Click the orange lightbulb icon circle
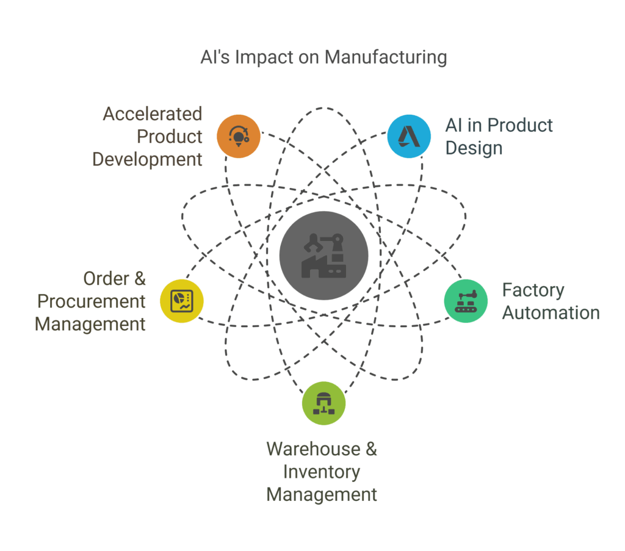[239, 135]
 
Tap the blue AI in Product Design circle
[410, 135]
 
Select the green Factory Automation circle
[466, 301]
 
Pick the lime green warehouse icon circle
[323, 403]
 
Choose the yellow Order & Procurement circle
[181, 301]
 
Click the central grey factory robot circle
[323, 256]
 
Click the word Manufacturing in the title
[386, 57]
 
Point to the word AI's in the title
[215, 57]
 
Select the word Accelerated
[152, 114]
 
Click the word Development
[147, 159]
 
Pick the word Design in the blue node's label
[474, 148]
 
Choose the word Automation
[551, 312]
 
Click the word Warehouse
[314, 448]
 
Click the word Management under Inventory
[322, 494]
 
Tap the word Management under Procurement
[90, 323]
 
